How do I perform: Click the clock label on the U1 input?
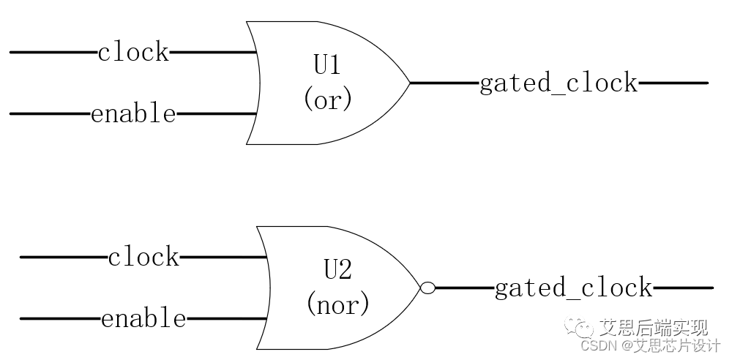(x=133, y=53)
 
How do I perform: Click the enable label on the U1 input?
(x=133, y=114)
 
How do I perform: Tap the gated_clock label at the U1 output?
(x=558, y=83)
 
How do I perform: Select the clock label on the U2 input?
(x=143, y=257)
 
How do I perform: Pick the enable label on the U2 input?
(x=143, y=319)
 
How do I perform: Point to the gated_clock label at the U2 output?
(x=573, y=288)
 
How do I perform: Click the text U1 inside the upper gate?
(x=327, y=66)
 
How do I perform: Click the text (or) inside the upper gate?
(x=327, y=100)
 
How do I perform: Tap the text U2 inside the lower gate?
(x=337, y=271)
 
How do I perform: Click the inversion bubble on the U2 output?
(x=427, y=288)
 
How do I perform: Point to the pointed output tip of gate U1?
(x=408, y=83)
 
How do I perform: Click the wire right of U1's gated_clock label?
(x=673, y=83)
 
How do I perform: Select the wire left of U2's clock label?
(x=63, y=257)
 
